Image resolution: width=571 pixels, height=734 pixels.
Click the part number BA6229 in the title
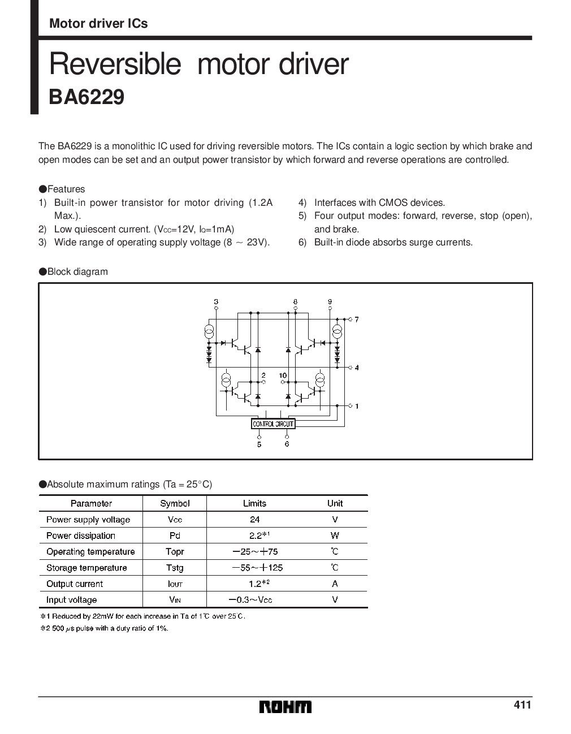point(86,97)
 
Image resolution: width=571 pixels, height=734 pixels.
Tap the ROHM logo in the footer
point(285,707)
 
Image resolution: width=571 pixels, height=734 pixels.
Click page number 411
point(522,705)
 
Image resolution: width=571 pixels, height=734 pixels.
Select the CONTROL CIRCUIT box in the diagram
point(273,423)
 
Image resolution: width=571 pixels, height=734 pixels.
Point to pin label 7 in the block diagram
point(357,319)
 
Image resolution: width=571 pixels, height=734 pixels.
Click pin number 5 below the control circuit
point(259,444)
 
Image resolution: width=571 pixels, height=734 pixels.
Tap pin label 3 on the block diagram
point(216,302)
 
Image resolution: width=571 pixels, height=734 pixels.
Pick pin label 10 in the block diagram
point(283,375)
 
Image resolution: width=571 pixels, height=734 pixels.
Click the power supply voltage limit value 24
point(254,519)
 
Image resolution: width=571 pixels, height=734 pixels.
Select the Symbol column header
point(175,503)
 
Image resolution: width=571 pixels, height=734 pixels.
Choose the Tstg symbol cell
point(175,568)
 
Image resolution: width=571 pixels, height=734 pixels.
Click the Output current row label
point(75,584)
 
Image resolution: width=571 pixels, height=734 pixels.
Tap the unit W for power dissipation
point(335,536)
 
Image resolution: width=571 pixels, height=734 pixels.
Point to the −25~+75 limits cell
point(254,551)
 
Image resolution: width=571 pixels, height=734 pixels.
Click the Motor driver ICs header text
point(98,23)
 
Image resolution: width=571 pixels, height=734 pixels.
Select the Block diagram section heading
point(77,271)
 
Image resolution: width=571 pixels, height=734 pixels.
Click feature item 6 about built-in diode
point(393,242)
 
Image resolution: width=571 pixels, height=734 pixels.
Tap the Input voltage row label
point(72,599)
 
